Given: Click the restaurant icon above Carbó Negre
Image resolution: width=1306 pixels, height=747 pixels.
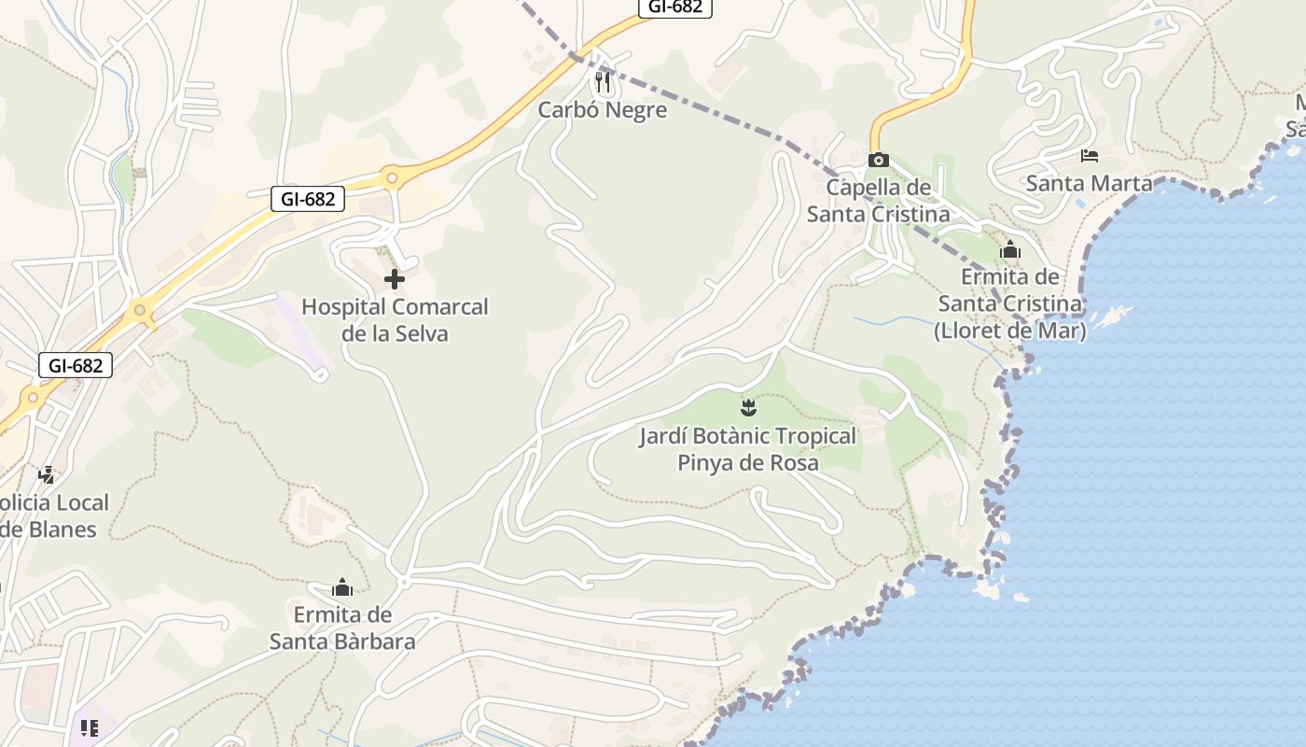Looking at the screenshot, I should (604, 82).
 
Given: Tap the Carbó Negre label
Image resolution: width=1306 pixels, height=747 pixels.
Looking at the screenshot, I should (603, 110).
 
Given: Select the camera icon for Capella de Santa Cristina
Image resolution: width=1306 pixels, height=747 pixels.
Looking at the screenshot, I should (878, 160).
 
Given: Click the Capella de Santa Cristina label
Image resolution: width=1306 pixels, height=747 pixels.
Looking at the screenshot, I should (878, 201).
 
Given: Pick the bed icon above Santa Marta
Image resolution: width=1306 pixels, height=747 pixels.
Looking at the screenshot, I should (1089, 155).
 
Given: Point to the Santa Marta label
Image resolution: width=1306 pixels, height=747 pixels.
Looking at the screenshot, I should (1089, 183).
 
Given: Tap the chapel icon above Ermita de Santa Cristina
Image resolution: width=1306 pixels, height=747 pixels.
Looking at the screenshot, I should (1009, 250).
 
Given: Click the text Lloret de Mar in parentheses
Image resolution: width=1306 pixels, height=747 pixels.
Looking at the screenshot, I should (1010, 331).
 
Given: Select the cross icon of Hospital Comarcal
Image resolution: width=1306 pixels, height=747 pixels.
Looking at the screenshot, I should (394, 278).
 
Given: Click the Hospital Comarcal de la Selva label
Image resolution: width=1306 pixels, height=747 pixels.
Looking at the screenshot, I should (395, 319).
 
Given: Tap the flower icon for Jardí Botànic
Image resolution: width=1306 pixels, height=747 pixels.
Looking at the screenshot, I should (747, 407).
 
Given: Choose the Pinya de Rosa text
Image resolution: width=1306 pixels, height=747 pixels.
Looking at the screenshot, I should (747, 462).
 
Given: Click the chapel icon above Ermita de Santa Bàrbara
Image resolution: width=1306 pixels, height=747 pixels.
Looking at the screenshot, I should (342, 587).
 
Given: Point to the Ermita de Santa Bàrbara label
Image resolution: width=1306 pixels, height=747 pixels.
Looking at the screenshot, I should (342, 627).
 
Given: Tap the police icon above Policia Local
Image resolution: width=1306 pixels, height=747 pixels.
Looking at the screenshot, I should (46, 474).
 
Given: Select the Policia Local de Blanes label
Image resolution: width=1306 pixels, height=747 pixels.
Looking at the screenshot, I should (51, 515).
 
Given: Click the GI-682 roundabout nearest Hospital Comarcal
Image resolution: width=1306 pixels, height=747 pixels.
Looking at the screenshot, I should (392, 176).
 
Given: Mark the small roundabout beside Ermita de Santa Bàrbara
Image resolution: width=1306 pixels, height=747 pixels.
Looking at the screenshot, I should (404, 582).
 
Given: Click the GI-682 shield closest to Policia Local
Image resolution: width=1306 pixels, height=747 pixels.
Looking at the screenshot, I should (76, 365).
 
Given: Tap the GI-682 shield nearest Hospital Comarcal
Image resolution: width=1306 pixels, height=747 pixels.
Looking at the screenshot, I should (308, 198).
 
